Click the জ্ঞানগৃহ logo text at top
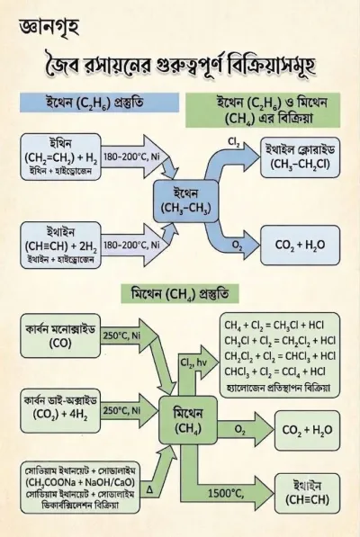49,28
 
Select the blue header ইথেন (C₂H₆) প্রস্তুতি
99,102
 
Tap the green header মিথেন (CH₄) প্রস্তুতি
180,294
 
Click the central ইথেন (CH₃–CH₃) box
185,201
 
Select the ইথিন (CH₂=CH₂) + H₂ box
60,157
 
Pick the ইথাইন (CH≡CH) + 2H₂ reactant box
60,246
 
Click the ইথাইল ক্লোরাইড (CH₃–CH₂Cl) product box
300,157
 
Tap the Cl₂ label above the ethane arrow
234,142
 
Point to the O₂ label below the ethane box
237,245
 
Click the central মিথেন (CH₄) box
188,420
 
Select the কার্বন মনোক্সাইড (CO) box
60,336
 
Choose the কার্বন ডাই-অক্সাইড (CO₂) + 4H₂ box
60,410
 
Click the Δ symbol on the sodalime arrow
149,489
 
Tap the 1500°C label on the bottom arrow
226,493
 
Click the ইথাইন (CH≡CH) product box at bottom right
307,493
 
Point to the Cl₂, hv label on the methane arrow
193,363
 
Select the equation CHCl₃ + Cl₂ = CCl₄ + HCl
275,371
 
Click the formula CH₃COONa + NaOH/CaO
80,482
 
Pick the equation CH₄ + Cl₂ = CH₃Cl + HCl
274,325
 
